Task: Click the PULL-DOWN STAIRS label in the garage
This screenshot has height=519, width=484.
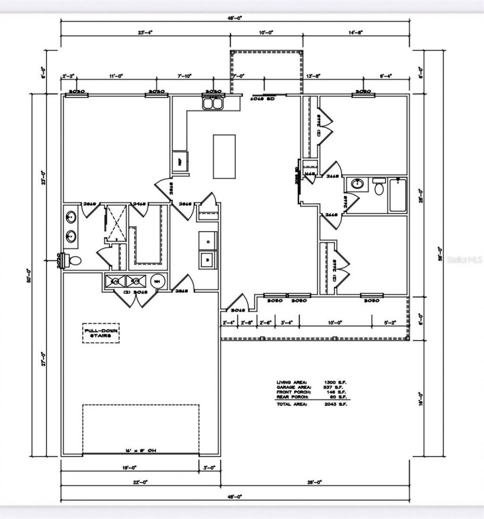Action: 101,332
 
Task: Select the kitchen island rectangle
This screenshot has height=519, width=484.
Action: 224,156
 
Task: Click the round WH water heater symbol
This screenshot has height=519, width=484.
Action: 157,281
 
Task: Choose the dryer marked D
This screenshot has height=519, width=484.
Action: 208,241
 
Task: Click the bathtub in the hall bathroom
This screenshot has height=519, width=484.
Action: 398,195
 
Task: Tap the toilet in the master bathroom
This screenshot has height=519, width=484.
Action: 73,260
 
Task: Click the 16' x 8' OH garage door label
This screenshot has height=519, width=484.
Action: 141,451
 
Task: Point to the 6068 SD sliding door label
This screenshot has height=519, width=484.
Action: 262,99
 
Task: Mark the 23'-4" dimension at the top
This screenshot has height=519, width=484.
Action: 145,33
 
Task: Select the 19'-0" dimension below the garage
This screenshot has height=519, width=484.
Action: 129,468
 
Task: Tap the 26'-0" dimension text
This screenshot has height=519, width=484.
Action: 314,482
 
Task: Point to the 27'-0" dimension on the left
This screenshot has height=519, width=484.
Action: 43,359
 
